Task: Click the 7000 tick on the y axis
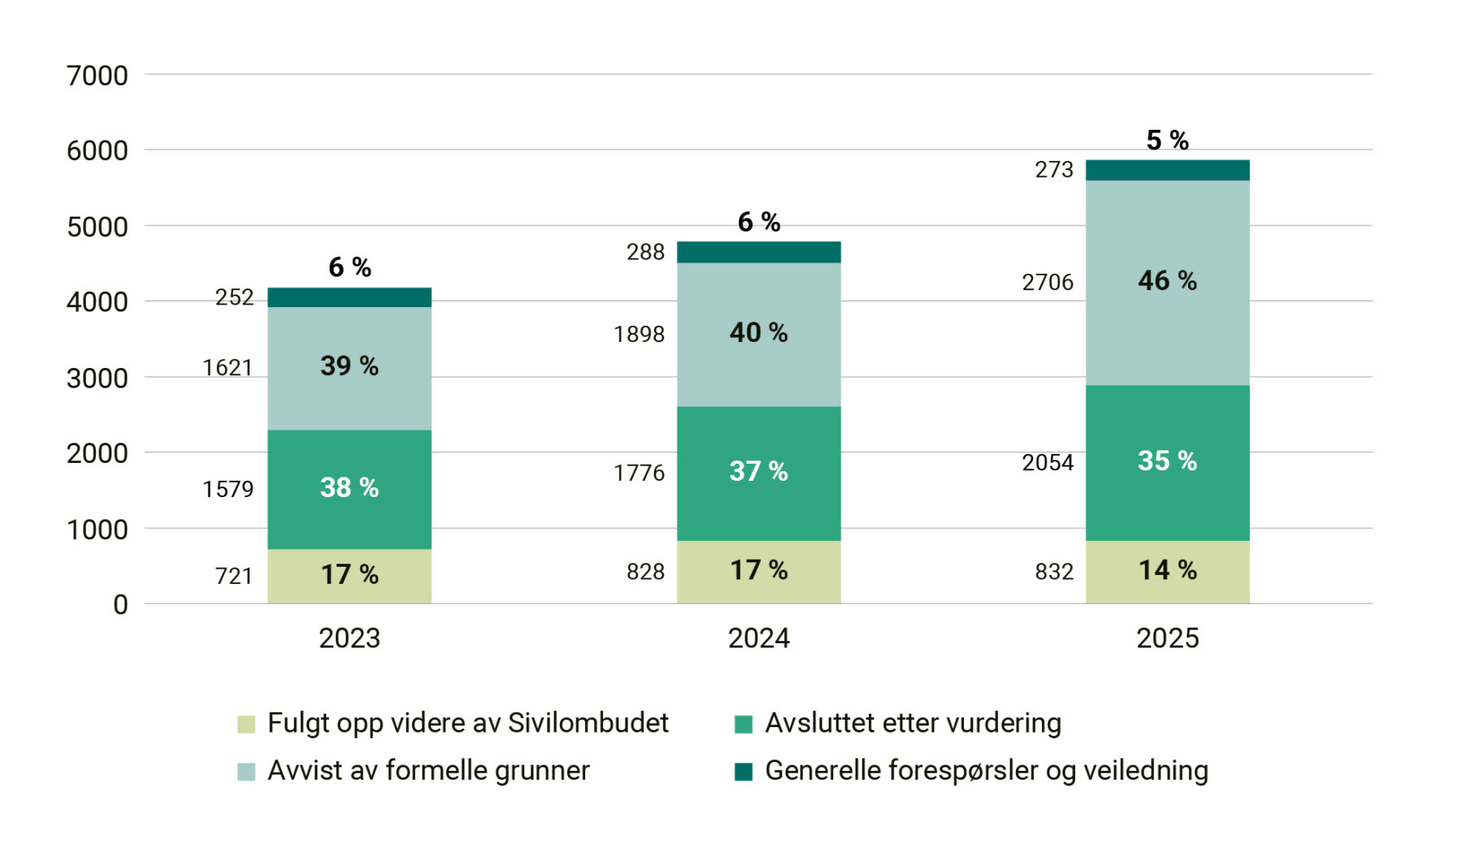coord(97,76)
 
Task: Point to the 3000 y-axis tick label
coord(97,379)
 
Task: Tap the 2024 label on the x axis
coord(758,638)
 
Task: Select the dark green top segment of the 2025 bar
coord(1167,170)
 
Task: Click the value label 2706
coord(1047,283)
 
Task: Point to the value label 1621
coord(228,368)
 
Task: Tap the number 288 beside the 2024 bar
coord(645,253)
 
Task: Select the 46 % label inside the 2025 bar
coord(1167,281)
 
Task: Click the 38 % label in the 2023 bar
coord(349,487)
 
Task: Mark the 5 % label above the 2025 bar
coord(1167,141)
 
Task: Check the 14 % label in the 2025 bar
coord(1167,570)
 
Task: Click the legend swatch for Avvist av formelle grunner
coord(245,772)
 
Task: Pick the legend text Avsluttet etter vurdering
coord(913,723)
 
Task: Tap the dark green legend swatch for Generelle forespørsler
coord(743,772)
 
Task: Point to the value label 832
coord(1053,572)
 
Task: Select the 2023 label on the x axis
coord(349,638)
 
